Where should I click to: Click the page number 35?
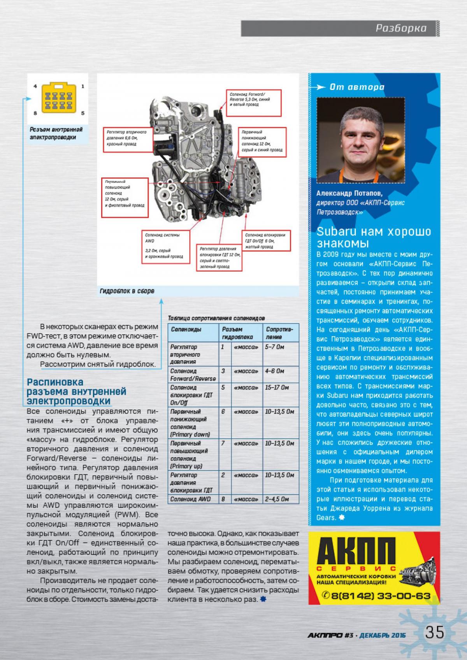tap(434, 632)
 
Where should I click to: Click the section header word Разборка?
tap(401, 28)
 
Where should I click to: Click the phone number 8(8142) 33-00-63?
tap(377, 595)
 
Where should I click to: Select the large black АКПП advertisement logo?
tap(355, 552)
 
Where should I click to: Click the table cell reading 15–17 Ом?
tap(277, 388)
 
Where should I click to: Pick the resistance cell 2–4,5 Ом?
tap(277, 499)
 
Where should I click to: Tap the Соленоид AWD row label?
tap(186, 499)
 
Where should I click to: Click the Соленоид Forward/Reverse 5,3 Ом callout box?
tap(254, 102)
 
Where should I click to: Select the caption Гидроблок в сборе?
tap(127, 291)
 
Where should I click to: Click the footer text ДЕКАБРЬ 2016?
tap(382, 635)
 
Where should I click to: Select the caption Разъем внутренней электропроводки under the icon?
tap(56, 133)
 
